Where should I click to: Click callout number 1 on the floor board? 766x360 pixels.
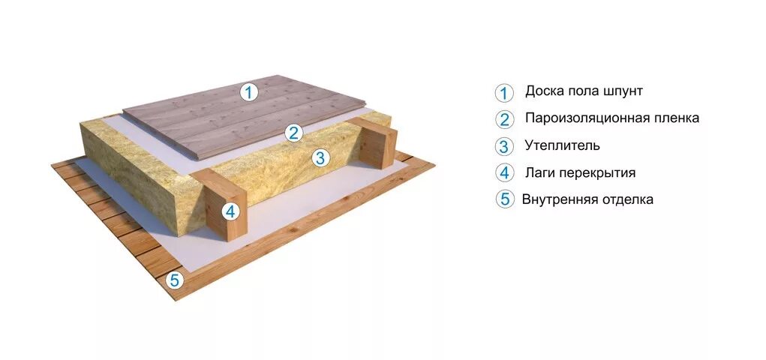click(x=248, y=93)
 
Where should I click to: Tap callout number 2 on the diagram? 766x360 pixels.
click(x=294, y=133)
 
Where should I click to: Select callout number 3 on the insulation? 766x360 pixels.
click(x=320, y=157)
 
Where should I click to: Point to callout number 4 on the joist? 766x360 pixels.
click(x=231, y=211)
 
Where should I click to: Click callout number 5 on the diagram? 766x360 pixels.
click(x=175, y=280)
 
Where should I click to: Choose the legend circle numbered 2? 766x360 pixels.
click(x=504, y=119)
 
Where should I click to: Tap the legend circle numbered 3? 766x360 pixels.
click(x=504, y=146)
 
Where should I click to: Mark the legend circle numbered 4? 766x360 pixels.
click(x=504, y=172)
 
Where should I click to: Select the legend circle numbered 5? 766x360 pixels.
click(x=504, y=199)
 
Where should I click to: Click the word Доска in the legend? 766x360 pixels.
click(x=542, y=91)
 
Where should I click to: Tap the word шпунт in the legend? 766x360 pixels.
click(x=623, y=91)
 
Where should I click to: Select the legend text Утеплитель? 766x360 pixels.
click(x=563, y=145)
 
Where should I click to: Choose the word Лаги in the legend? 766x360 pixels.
click(x=540, y=172)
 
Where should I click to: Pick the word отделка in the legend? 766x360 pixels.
click(x=626, y=199)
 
